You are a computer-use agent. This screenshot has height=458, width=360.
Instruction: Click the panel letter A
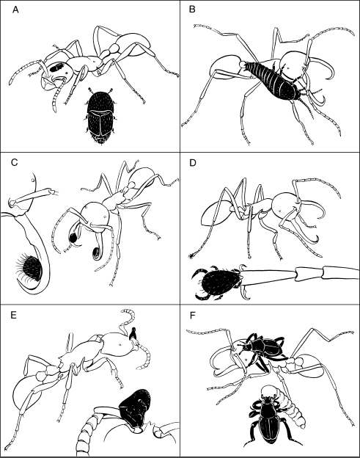[15, 10]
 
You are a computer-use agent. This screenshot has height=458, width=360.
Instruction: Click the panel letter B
[192, 10]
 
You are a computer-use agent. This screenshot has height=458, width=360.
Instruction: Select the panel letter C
[14, 162]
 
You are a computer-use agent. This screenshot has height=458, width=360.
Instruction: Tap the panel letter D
[192, 162]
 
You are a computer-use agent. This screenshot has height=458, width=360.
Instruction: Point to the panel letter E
[13, 315]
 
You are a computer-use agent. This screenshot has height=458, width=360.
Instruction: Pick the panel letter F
[191, 316]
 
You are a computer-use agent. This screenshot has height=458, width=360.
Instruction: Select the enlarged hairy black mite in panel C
[31, 267]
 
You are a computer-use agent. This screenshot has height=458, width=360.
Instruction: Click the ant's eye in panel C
[104, 217]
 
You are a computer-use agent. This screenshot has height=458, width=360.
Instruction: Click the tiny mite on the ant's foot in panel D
[191, 255]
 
